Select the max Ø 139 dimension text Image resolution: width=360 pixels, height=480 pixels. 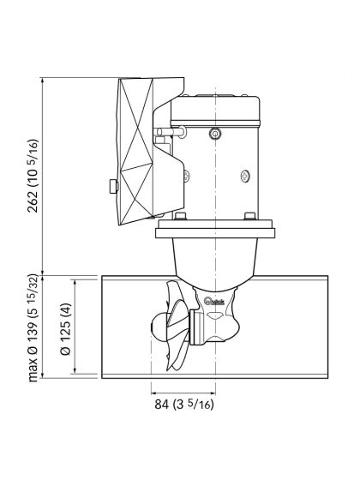32,328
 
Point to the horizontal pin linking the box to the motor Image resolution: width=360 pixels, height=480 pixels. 162,135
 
